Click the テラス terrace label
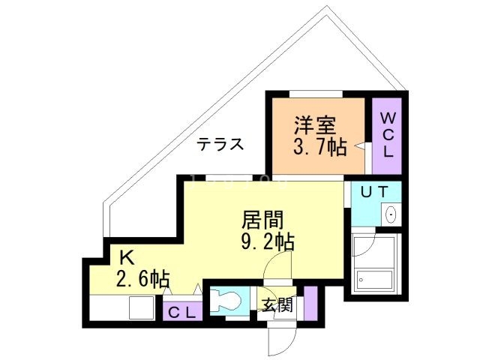pyautogui.click(x=220, y=145)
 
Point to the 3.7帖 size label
pyautogui.click(x=319, y=146)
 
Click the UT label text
pyautogui.click(x=374, y=192)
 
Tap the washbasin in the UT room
pyautogui.click(x=391, y=214)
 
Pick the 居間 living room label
pyautogui.click(x=262, y=220)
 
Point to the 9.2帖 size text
pyautogui.click(x=267, y=241)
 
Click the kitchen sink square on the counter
pyautogui.click(x=141, y=308)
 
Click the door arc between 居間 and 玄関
pyautogui.click(x=278, y=264)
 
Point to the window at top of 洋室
pyautogui.click(x=316, y=93)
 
